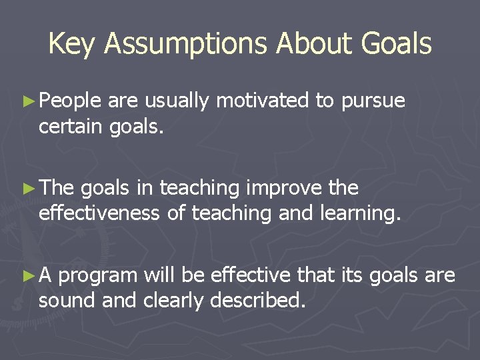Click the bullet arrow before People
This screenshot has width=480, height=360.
[28, 101]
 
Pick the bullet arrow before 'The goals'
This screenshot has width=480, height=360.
[28, 189]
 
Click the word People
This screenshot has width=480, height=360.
[70, 101]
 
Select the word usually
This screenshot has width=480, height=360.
[177, 101]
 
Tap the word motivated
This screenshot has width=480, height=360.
[263, 101]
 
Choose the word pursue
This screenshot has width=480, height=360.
[373, 102]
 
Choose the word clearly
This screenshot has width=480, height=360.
[174, 301]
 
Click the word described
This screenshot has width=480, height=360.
[257, 300]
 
